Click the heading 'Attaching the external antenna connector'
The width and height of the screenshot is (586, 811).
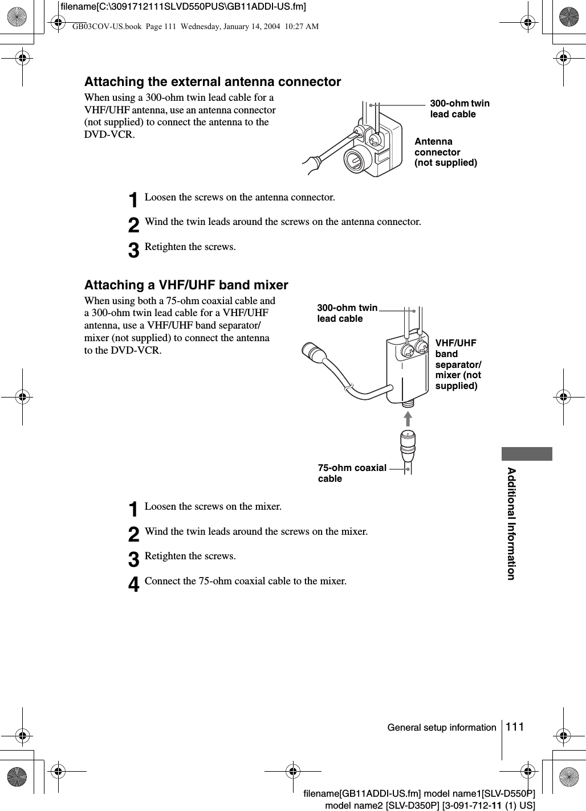tap(213, 82)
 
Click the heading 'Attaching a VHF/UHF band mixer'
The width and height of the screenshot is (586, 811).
tap(186, 285)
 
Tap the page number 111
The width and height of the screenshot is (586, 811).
tap(514, 727)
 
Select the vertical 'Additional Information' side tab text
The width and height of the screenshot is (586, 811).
tap(511, 523)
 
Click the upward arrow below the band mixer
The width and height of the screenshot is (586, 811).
tap(408, 418)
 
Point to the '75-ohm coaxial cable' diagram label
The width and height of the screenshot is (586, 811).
tap(352, 473)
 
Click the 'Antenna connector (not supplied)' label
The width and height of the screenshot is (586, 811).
tap(445, 152)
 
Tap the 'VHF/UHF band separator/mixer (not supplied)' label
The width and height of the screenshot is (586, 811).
tap(458, 364)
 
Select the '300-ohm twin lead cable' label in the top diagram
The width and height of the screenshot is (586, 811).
tap(459, 109)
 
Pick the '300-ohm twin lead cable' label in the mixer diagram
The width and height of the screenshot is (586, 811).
tap(347, 313)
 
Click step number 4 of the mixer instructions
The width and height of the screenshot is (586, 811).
tap(133, 584)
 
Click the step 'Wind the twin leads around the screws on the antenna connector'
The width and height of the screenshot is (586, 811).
tap(283, 222)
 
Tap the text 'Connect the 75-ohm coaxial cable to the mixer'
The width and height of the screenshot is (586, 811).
tap(245, 581)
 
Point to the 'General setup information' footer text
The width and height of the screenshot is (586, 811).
tap(442, 727)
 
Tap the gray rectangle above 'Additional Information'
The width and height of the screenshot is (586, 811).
tap(527, 454)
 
